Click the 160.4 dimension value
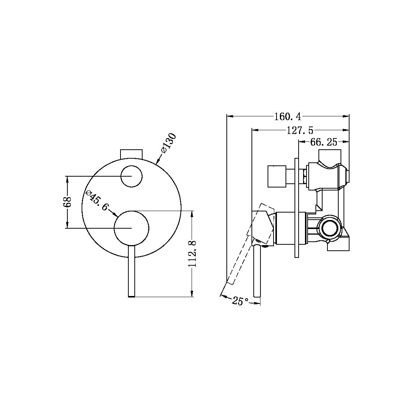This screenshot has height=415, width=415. click(287, 117)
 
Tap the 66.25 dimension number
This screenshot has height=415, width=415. click(324, 142)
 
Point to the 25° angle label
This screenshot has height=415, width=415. click(240, 300)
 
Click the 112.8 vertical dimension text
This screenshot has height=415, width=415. click(192, 254)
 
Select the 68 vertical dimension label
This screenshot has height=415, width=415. click(67, 202)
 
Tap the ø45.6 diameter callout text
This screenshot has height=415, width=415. click(97, 201)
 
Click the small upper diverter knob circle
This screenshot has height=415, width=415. click(131, 176)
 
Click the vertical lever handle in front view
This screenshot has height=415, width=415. click(131, 271)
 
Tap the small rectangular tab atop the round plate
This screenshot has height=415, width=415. click(131, 153)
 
